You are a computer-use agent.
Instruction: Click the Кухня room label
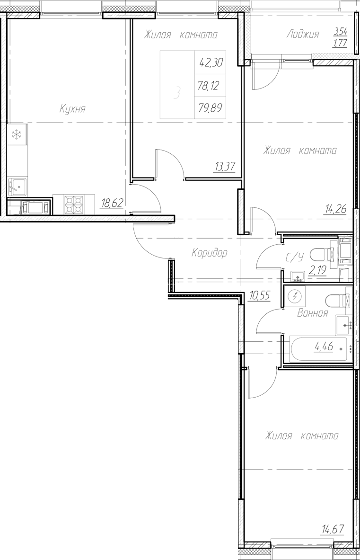(72, 109)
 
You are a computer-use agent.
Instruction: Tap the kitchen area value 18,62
(112, 204)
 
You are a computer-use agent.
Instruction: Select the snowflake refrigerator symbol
(17, 135)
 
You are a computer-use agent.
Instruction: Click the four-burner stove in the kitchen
(73, 205)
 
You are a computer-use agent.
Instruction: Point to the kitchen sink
(18, 187)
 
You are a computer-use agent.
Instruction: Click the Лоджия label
(303, 34)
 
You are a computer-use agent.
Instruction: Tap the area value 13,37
(225, 167)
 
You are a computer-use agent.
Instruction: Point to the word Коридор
(209, 253)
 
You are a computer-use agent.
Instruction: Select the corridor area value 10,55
(259, 296)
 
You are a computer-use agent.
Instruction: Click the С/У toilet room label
(294, 258)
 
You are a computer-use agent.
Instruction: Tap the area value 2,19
(318, 271)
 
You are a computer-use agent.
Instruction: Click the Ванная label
(312, 313)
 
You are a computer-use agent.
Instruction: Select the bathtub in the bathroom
(317, 350)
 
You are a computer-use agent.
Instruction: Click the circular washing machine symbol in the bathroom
(296, 297)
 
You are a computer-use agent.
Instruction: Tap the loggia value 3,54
(340, 32)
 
